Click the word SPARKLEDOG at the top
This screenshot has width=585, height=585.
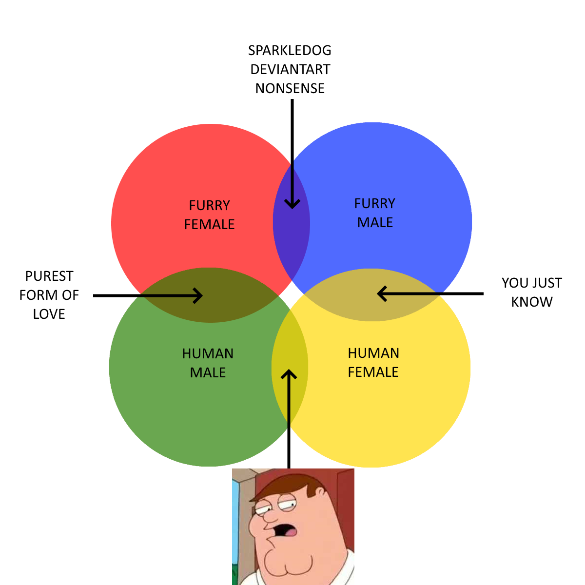click(290, 51)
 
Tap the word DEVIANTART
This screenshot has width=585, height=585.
click(290, 70)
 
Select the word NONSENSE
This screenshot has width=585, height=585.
click(290, 89)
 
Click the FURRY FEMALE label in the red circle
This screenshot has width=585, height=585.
click(210, 214)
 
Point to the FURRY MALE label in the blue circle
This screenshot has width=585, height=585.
click(375, 213)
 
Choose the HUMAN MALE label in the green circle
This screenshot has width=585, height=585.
click(208, 363)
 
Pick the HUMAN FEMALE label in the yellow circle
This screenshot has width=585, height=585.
click(373, 363)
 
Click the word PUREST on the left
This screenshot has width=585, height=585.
click(49, 276)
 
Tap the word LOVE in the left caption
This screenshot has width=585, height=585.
click(49, 314)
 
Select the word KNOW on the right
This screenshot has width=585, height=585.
click(532, 302)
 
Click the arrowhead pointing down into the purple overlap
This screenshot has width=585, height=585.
click(292, 204)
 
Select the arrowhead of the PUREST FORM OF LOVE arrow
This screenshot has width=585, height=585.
click(198, 295)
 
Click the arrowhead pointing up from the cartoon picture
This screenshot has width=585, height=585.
click(289, 375)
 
